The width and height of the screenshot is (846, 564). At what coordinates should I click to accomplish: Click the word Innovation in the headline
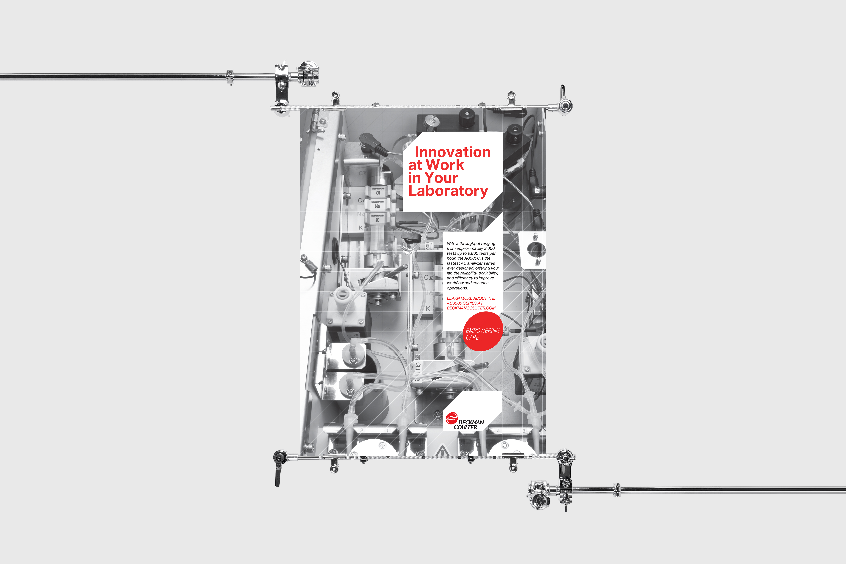tap(452, 152)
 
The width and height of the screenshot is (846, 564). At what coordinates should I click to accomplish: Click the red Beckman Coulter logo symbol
tap(451, 418)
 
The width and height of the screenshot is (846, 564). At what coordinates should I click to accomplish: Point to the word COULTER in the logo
tap(465, 427)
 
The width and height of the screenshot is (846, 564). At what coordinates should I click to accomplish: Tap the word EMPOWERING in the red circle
tap(482, 331)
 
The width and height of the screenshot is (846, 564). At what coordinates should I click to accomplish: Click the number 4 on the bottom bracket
tap(498, 431)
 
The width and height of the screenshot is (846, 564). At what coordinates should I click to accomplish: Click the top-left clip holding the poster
tap(335, 98)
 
